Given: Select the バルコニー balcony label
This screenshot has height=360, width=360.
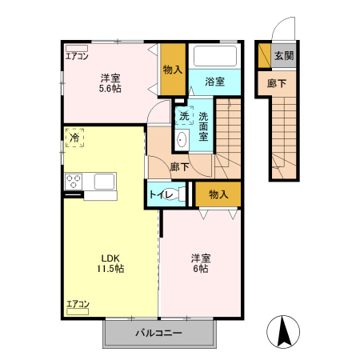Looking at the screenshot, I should tap(158, 333).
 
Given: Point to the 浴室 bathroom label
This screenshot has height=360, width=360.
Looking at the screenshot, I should tap(214, 82).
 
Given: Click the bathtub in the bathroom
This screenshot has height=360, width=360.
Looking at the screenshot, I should tap(216, 58).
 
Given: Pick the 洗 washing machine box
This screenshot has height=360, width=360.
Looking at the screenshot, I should tap(184, 116).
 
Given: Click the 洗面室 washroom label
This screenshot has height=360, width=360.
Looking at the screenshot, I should tap(203, 126).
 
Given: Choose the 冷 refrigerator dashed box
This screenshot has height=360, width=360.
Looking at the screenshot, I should tap(74, 138).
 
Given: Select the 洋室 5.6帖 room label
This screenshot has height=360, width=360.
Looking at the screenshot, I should tap(110, 83).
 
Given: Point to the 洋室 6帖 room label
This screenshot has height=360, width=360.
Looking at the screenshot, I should tap(200, 263).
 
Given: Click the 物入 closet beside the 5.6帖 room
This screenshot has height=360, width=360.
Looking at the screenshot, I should tap(172, 70).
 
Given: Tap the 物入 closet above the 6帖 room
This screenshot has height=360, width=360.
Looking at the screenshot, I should tap(218, 194).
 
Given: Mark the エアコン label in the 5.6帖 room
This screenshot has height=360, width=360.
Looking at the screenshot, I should tap(77, 57).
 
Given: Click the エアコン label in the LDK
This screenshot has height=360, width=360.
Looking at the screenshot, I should tap(78, 304).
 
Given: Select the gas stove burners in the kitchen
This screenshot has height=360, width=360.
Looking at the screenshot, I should tap(74, 181).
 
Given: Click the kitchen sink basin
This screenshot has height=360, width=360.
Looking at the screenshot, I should tap(105, 181).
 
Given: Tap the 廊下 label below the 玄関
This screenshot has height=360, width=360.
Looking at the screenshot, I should tap(277, 82).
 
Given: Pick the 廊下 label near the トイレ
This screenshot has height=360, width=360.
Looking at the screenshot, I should tap(180, 167).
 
